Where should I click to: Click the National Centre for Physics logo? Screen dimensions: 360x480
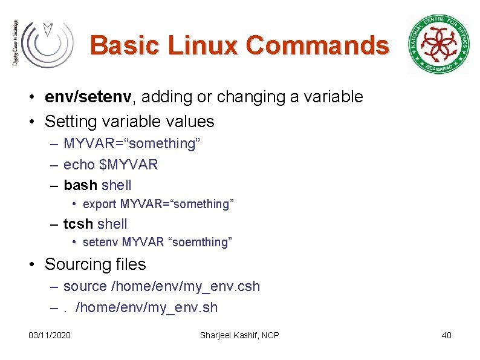click(x=438, y=44)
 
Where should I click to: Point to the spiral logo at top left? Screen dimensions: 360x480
click(x=46, y=43)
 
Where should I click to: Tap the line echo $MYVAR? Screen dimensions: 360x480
click(x=111, y=165)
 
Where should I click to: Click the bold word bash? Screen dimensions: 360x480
click(x=80, y=185)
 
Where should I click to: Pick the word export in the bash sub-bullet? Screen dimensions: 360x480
click(x=100, y=204)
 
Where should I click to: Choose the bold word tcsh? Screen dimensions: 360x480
click(x=78, y=224)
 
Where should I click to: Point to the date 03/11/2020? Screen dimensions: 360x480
click(x=50, y=335)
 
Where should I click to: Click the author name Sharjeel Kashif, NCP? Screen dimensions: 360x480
click(x=239, y=335)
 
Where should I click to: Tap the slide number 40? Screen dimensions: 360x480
click(x=447, y=335)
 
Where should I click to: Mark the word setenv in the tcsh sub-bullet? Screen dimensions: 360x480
click(x=100, y=243)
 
